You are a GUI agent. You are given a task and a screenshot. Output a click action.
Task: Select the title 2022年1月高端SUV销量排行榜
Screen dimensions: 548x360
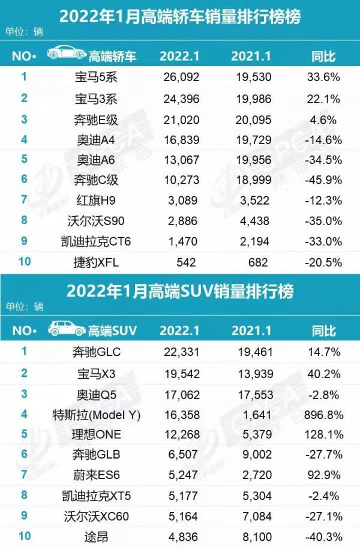pyautogui.click(x=180, y=292)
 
